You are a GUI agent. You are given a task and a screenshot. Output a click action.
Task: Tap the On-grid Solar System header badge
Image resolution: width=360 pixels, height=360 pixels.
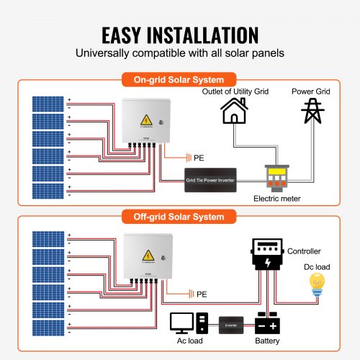point(180,80)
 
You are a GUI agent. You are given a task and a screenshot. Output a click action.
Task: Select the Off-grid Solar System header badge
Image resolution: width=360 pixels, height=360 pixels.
point(180,216)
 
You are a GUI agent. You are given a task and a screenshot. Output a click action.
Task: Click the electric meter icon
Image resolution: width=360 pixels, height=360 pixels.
point(276,175)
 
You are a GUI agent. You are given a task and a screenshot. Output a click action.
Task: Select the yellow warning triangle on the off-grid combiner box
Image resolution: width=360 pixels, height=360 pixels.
point(149,258)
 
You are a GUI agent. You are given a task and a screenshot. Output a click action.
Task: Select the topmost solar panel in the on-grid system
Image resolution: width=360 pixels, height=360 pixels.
point(48,103)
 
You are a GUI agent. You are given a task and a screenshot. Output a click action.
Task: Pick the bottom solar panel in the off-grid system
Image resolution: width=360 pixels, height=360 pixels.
point(48,327)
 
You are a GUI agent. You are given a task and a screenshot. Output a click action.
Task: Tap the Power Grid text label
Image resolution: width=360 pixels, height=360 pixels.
point(312,91)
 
